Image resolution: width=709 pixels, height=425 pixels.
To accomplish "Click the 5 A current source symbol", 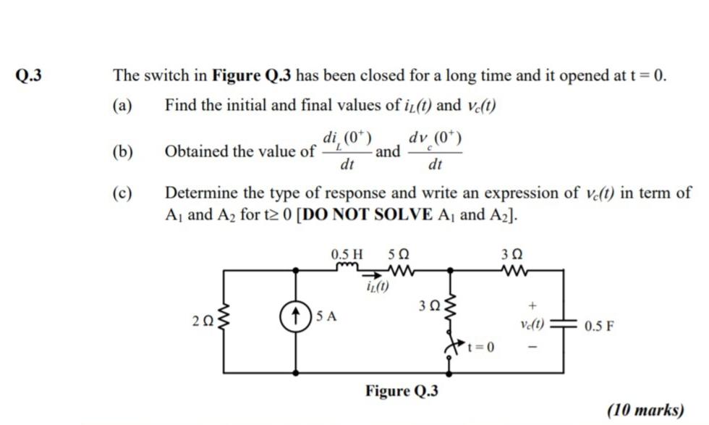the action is tap(297, 316).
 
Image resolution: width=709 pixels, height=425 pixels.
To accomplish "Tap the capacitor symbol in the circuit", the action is tap(561, 326).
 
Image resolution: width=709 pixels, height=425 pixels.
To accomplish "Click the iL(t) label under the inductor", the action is tap(376, 287).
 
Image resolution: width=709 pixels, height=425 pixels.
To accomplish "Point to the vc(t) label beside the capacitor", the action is tap(533, 325).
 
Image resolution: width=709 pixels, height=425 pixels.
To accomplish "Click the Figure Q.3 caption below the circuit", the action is tap(402, 391).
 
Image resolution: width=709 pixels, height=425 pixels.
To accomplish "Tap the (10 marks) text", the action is tap(647, 411).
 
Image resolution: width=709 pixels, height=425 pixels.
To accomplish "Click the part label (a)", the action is tap(122, 106).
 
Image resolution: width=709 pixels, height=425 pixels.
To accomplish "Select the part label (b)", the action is tap(122, 151).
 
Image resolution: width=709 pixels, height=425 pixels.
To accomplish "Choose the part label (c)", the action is tap(122, 193).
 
